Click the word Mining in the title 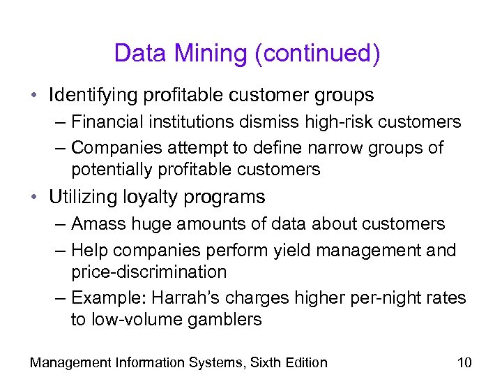click(214, 54)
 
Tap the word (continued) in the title click(318, 54)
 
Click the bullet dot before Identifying click(35, 95)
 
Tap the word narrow click(348, 148)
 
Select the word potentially click(114, 169)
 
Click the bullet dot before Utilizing click(35, 198)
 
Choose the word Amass click(97, 224)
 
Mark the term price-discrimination click(149, 272)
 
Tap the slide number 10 click(464, 362)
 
